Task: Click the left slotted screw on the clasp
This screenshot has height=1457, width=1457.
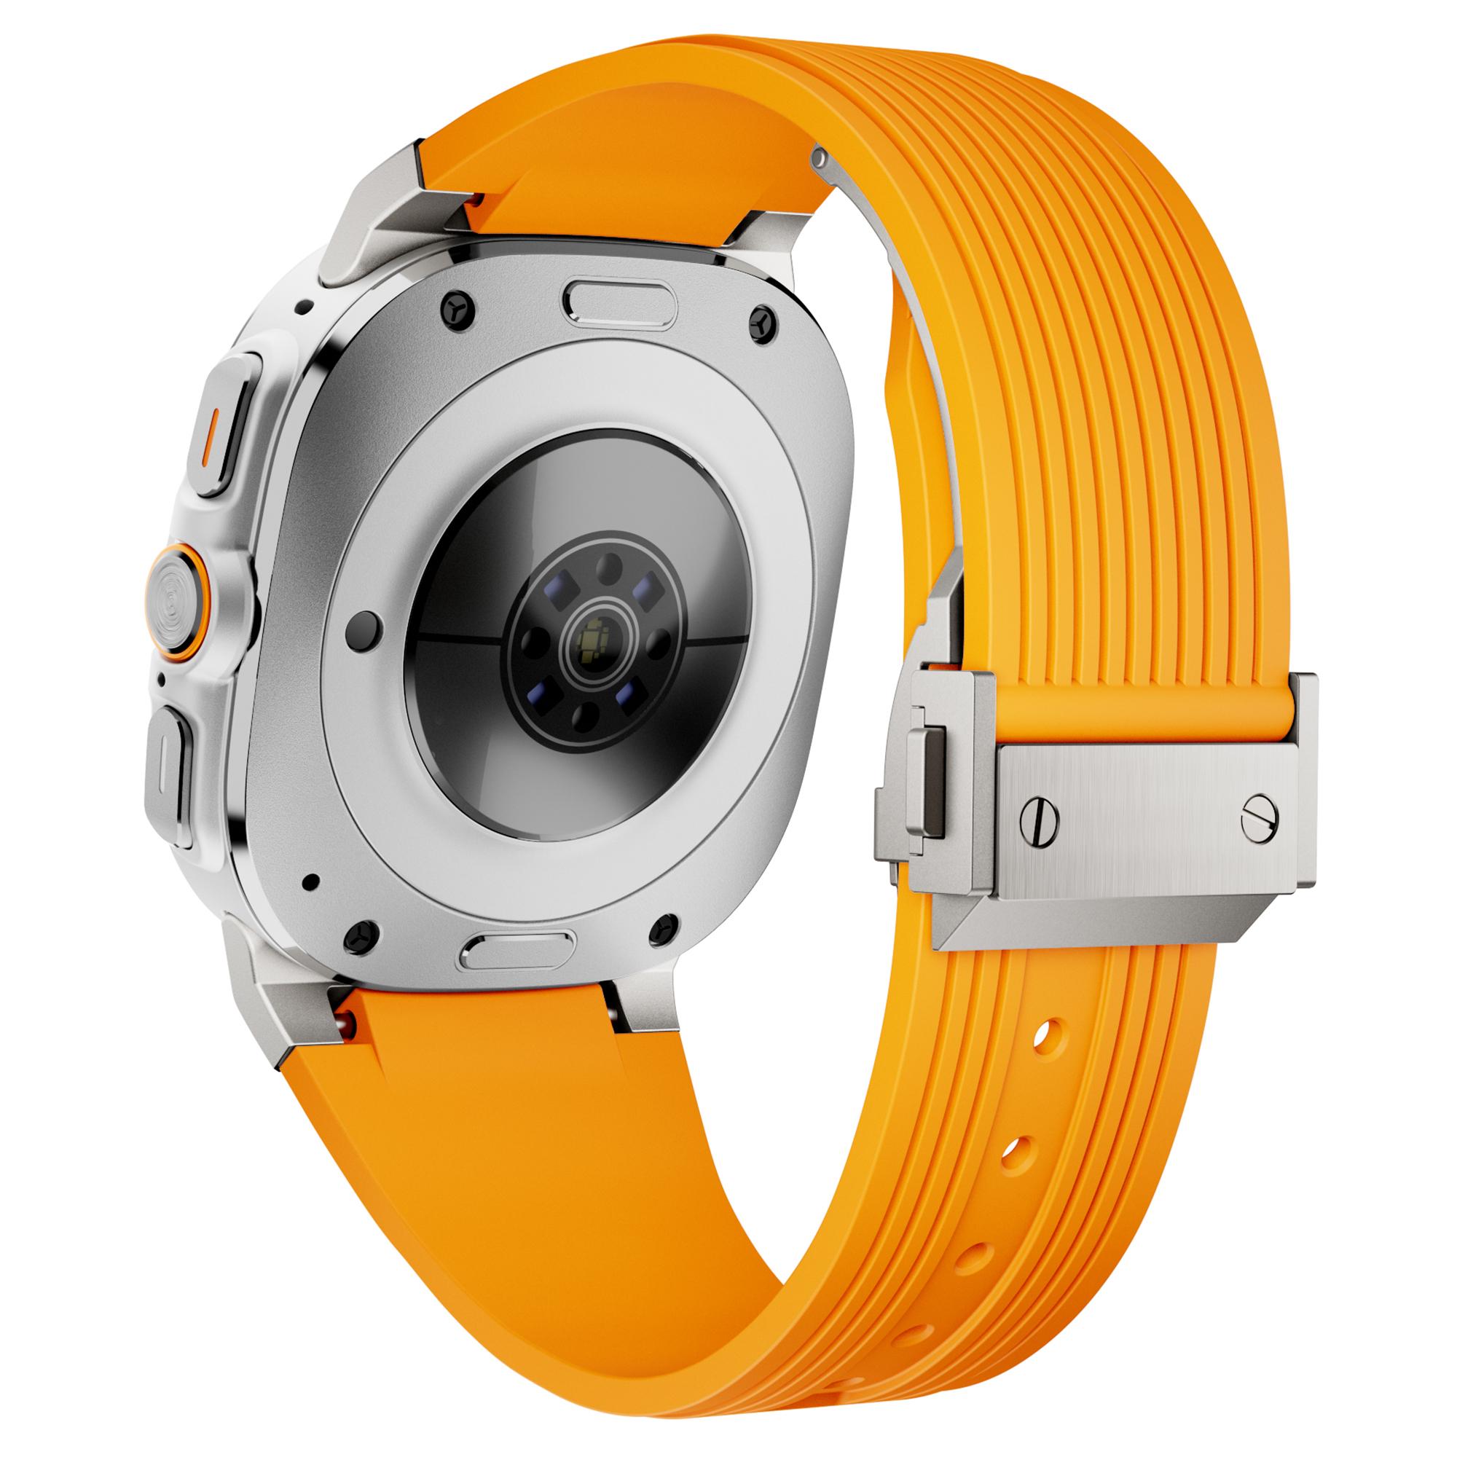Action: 1038,816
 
